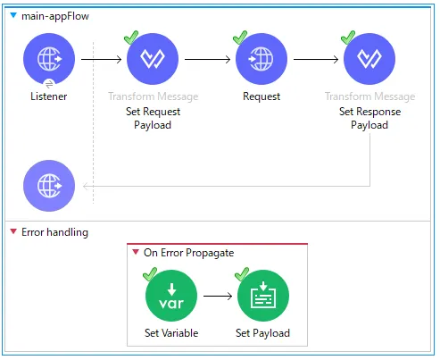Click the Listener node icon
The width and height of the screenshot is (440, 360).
tap(49, 59)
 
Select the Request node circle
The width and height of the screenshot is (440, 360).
tap(262, 59)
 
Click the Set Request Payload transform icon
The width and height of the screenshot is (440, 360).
tap(153, 59)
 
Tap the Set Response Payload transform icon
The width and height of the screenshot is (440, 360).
tap(369, 59)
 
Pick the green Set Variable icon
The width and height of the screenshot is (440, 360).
tap(171, 296)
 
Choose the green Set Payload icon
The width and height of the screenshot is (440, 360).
tap(263, 296)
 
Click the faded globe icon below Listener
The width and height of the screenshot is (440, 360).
tap(49, 186)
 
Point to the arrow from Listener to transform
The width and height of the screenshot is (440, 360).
tap(102, 59)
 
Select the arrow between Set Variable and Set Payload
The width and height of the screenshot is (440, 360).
tap(218, 296)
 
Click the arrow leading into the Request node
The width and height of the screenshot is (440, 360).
tap(208, 59)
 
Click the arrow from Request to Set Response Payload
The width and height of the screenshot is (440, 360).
tap(316, 59)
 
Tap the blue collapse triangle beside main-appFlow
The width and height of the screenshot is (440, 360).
tap(13, 15)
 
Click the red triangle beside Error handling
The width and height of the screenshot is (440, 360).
tap(13, 231)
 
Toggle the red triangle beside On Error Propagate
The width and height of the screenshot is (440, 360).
tap(136, 252)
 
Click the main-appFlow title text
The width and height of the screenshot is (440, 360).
tap(55, 16)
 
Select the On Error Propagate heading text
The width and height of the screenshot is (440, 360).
tap(189, 253)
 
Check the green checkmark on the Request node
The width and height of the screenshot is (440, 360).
tap(240, 38)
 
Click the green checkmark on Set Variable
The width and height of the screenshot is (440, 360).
tap(150, 274)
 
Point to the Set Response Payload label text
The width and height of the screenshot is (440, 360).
tap(369, 118)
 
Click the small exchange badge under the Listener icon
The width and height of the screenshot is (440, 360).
tap(49, 84)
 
